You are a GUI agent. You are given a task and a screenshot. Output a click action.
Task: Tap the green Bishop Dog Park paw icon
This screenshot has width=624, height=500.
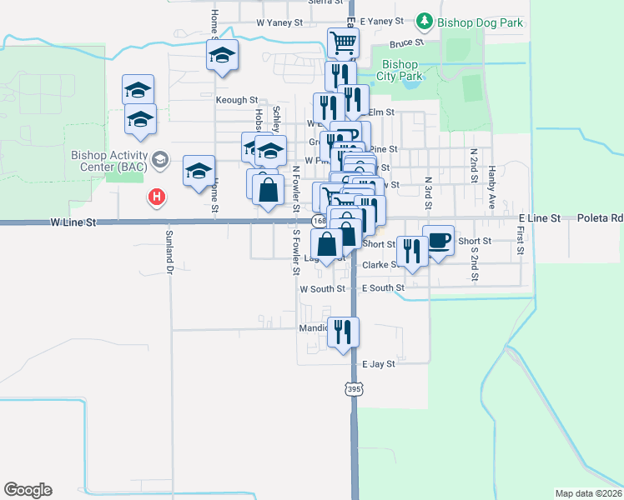click(425, 21)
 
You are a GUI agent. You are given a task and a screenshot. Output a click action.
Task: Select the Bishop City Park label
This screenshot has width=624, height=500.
click(399, 70)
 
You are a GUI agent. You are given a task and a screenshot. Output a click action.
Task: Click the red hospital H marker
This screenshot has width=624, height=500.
click(155, 197)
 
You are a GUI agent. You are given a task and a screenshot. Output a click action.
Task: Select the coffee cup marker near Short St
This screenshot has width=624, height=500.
click(439, 240)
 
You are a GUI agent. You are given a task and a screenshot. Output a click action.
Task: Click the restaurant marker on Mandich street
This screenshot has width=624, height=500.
click(343, 332)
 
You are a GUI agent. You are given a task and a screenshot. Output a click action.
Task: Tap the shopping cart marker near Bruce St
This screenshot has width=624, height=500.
click(343, 42)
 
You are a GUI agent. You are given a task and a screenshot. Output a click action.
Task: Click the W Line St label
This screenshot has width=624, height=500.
click(73, 222)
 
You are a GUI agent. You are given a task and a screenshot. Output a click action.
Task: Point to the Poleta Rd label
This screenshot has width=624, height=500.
click(600, 217)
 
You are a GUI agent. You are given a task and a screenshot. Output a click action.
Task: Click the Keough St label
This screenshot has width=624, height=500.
click(237, 100)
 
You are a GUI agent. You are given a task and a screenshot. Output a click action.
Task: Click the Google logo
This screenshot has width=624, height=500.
click(28, 489)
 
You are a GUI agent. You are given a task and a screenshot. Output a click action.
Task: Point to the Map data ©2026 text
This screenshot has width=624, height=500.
click(589, 493)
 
